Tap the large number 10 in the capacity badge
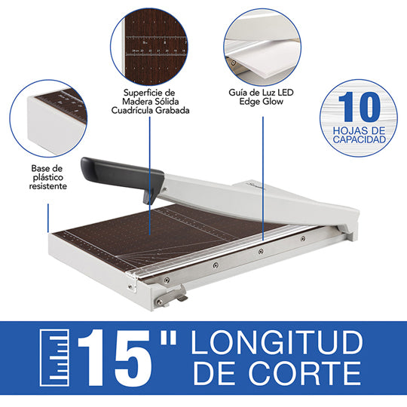coord(360,107)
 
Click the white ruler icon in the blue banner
coord(54,358)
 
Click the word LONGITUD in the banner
coord(277,343)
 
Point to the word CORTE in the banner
coord(304,373)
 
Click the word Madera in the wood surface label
coord(136,102)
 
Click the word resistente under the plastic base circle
coord(47,186)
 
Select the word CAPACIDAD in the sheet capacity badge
coord(360,139)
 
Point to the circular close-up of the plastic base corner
coord(48,118)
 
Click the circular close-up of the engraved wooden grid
coord(149,47)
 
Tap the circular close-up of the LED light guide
coord(262,47)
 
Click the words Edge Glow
coord(261,102)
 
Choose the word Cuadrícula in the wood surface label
coord(131,110)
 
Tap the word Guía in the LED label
coord(237,93)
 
